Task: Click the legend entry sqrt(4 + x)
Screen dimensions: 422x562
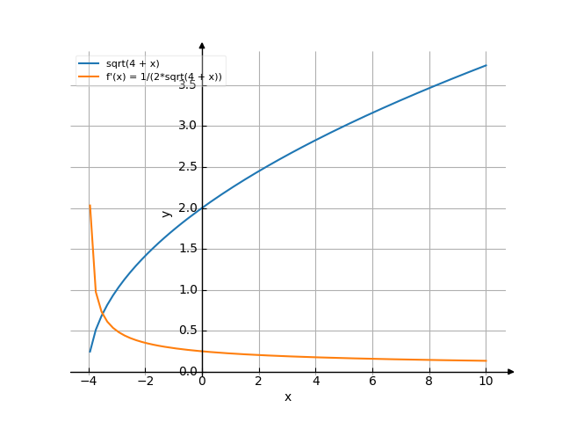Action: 133,64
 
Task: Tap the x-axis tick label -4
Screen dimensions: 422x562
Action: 89,382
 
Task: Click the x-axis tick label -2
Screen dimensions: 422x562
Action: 146,382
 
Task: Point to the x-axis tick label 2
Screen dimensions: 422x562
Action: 258,382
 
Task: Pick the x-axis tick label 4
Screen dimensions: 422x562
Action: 315,382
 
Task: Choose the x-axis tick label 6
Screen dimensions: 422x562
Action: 372,382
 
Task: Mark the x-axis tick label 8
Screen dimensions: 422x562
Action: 429,382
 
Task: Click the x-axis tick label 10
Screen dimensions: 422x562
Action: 486,382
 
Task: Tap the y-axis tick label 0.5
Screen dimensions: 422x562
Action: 186,331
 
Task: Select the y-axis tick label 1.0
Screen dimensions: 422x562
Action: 186,290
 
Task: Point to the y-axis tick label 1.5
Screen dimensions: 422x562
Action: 186,249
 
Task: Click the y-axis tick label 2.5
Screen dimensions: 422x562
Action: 186,167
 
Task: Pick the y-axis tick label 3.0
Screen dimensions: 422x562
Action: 186,126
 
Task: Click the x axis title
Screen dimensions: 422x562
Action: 288,397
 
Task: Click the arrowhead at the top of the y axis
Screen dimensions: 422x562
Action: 202,44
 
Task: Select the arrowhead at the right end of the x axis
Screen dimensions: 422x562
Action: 511,372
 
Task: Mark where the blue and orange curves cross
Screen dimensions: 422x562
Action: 103,312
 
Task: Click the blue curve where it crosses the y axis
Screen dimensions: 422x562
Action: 202,207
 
